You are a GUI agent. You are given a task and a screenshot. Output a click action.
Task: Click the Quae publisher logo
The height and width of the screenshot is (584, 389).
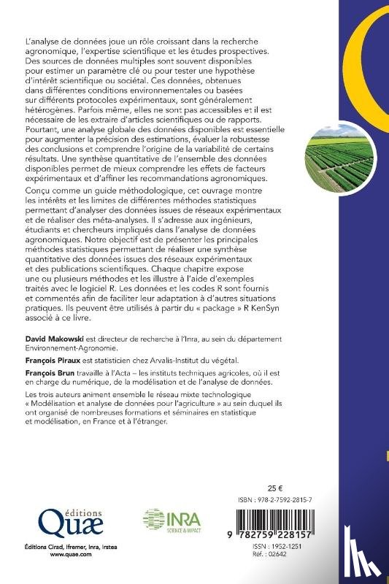click(55, 523)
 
